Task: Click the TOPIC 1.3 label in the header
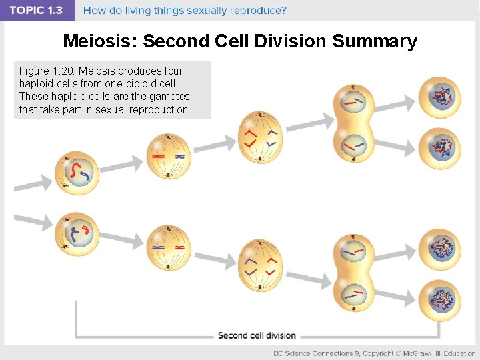pyautogui.click(x=37, y=11)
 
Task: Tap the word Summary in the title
pyautogui.click(x=374, y=41)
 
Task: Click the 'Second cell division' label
pyautogui.click(x=257, y=335)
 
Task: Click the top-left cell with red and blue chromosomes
pyautogui.click(x=79, y=173)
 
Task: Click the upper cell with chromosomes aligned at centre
pyautogui.click(x=168, y=156)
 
